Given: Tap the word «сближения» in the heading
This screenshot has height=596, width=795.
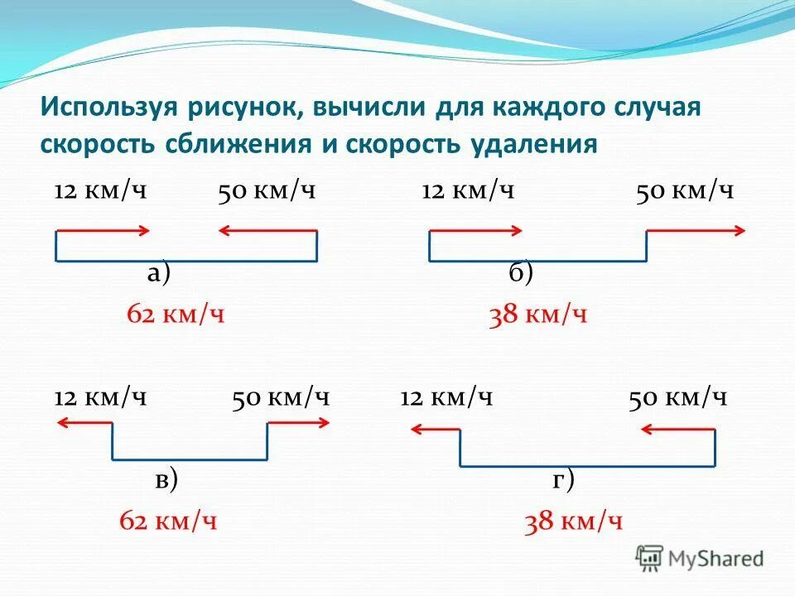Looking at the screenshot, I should pyautogui.click(x=241, y=144).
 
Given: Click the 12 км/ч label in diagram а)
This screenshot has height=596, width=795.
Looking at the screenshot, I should pyautogui.click(x=100, y=191).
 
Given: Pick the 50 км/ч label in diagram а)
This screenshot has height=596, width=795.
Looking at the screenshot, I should pyautogui.click(x=267, y=191).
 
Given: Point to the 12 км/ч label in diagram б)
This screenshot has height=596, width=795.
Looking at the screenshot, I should pyautogui.click(x=468, y=191).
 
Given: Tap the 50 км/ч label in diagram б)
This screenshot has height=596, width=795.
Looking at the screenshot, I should pyautogui.click(x=685, y=191).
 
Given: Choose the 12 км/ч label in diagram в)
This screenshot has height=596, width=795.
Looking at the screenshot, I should pyautogui.click(x=100, y=397).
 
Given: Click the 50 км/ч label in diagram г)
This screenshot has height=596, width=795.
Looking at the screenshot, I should pyautogui.click(x=677, y=397).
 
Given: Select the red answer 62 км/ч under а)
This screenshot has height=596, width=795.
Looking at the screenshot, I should pyautogui.click(x=176, y=315).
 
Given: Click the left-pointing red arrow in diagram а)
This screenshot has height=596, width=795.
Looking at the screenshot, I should pyautogui.click(x=267, y=230).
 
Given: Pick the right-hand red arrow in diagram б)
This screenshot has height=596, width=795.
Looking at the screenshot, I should pyautogui.click(x=696, y=230).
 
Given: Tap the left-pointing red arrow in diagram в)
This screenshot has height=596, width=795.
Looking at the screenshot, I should pyautogui.click(x=84, y=424).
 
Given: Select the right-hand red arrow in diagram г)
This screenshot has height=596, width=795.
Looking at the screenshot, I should pyautogui.click(x=677, y=429).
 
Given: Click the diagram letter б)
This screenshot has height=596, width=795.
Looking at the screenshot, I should pyautogui.click(x=521, y=273).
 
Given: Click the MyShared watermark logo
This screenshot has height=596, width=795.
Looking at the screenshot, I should pyautogui.click(x=700, y=559).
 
